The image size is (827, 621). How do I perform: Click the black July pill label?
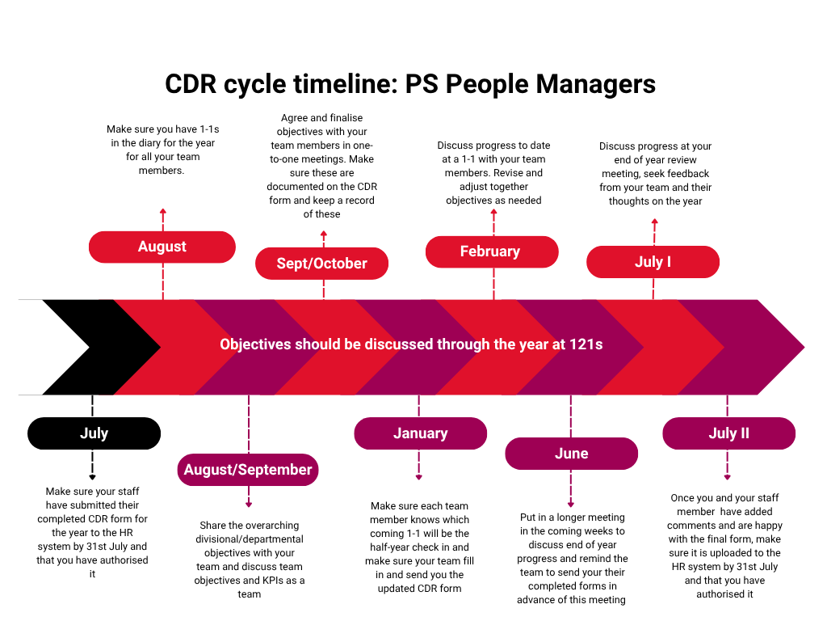[x=94, y=433]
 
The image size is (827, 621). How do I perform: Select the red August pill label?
[x=162, y=247]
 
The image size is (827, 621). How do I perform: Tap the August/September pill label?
[x=248, y=470]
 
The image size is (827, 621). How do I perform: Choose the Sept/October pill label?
[x=321, y=264]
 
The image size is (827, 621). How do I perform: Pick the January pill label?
[x=420, y=433]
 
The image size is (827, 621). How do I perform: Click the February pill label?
[x=491, y=251]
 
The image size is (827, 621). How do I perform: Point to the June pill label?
[x=571, y=454]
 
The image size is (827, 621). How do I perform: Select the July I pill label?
[x=653, y=262]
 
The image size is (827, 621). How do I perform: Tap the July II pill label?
[x=728, y=433]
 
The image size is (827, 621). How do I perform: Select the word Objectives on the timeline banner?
[x=256, y=344]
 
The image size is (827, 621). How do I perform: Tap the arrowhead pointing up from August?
[x=163, y=211]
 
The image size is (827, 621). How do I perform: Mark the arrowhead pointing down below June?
[x=570, y=504]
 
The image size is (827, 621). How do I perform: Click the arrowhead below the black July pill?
[x=92, y=477]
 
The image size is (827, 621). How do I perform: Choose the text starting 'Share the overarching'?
[x=250, y=560]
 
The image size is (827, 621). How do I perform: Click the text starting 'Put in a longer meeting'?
[x=572, y=559]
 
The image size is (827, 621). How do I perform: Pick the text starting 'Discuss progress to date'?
[x=493, y=172]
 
